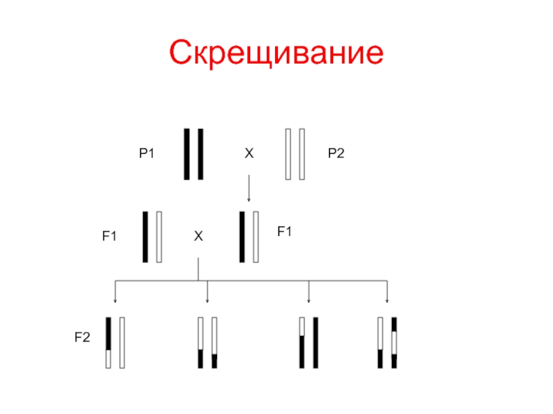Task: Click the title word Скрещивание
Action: point(276,53)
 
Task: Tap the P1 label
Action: point(146,155)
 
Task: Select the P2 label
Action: point(336,155)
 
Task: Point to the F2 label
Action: point(82,337)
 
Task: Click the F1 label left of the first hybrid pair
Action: point(109,236)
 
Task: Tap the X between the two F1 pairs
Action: point(198,237)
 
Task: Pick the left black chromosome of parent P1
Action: point(187,154)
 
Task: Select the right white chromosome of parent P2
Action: point(301,154)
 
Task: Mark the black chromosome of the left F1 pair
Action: point(145,237)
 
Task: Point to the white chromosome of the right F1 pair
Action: point(256,237)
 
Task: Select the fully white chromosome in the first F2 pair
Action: point(122,342)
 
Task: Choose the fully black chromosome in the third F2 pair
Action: point(315,342)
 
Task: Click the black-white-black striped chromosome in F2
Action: point(394,342)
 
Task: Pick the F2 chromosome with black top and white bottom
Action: point(108,342)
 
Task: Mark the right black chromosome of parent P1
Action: point(200,154)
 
